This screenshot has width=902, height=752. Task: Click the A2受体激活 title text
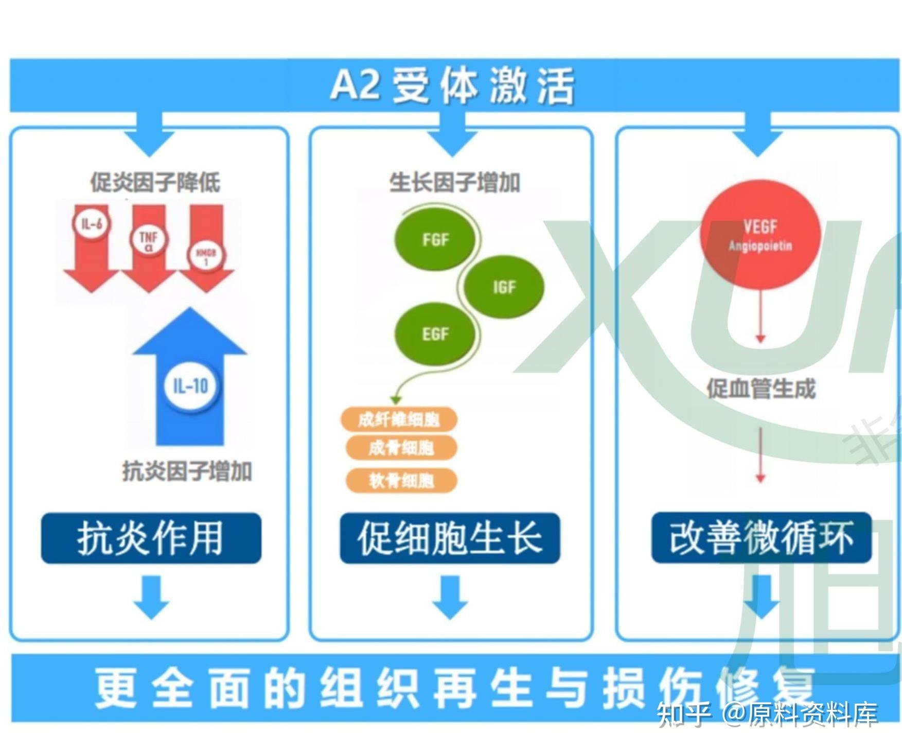(451, 85)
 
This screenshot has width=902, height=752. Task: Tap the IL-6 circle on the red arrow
(92, 224)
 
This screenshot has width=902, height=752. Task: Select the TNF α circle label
(149, 240)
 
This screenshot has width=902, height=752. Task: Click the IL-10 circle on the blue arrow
(191, 386)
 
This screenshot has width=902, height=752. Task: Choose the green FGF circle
(435, 239)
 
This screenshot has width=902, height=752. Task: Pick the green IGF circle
(504, 287)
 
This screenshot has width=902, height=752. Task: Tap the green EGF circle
(435, 334)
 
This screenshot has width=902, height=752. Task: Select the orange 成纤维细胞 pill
(399, 419)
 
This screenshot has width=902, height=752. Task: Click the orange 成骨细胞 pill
(401, 448)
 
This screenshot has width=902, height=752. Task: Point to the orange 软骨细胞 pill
(401, 481)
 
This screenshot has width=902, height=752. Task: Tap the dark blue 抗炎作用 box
(151, 538)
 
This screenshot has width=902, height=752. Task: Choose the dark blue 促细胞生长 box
(450, 538)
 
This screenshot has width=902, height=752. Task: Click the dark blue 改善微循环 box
(761, 537)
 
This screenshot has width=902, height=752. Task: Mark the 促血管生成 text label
(760, 389)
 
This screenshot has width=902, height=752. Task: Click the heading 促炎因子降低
(155, 182)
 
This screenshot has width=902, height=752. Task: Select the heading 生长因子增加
(454, 182)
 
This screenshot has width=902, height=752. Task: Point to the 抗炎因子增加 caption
(187, 471)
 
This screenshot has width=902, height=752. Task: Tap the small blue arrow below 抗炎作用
(151, 597)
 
